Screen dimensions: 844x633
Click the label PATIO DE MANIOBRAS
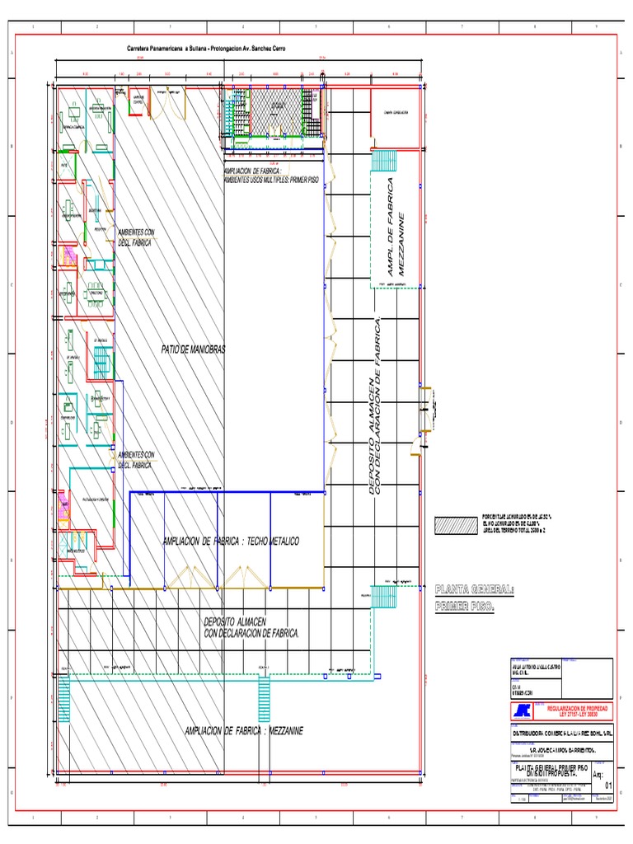(193, 350)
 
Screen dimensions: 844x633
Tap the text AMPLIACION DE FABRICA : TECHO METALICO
(231, 541)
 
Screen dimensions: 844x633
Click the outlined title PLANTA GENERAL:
(474, 590)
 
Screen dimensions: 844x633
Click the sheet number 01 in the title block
(598, 786)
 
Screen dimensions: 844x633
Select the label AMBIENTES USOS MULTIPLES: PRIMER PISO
(271, 178)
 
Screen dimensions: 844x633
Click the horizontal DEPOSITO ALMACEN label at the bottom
(251, 626)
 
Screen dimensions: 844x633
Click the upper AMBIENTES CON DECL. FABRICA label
(136, 238)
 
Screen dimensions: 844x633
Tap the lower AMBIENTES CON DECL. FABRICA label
(136, 460)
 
